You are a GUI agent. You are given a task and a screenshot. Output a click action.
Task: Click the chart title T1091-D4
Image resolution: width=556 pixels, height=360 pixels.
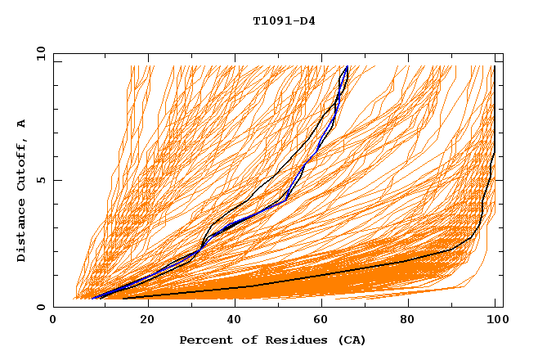pyautogui.click(x=284, y=21)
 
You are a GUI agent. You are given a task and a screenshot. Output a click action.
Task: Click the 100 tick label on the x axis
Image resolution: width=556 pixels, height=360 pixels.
pyautogui.click(x=496, y=320)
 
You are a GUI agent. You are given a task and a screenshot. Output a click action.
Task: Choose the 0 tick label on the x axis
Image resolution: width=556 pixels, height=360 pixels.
pyautogui.click(x=53, y=320)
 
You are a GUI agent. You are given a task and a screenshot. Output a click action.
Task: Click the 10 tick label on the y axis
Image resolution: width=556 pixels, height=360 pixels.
pyautogui.click(x=38, y=53)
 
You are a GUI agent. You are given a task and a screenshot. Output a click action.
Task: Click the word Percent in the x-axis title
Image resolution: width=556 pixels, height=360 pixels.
pyautogui.click(x=204, y=340)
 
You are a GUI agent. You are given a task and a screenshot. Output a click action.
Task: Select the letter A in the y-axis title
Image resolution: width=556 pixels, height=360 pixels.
pyautogui.click(x=21, y=124)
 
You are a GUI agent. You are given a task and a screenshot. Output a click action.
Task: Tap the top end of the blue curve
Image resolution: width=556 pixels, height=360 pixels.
pyautogui.click(x=347, y=67)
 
